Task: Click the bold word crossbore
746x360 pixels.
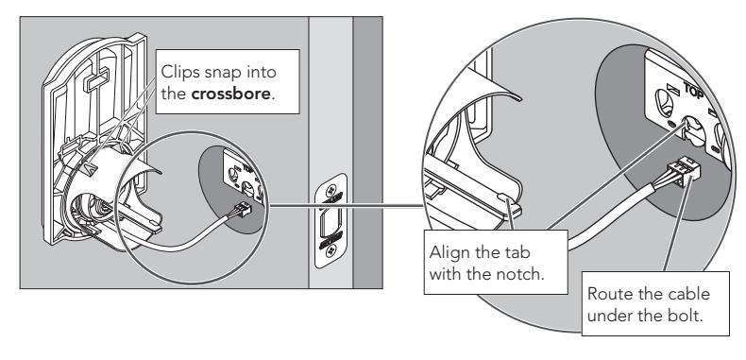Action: coord(230,93)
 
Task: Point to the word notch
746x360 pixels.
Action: coord(518,274)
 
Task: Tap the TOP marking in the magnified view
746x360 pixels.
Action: coord(693,91)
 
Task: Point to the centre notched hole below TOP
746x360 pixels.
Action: coord(690,130)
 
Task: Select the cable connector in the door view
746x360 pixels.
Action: coord(241,210)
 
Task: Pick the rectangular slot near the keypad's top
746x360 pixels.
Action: coord(96,80)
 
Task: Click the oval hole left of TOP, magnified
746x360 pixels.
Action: coord(663,102)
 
